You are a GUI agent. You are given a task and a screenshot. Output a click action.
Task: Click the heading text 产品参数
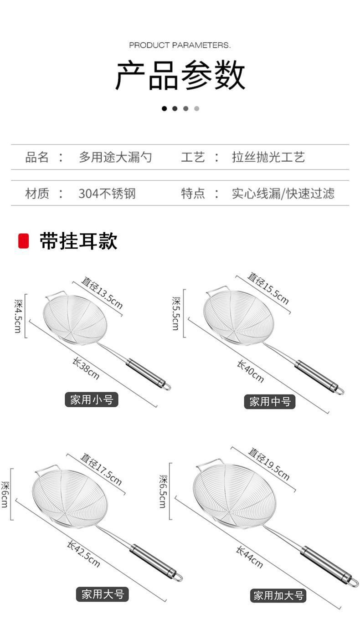pyautogui.click(x=180, y=75)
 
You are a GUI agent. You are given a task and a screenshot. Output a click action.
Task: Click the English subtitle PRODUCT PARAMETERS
pyautogui.click(x=180, y=45)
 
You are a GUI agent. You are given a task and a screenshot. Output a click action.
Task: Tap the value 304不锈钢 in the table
pyautogui.click(x=107, y=194)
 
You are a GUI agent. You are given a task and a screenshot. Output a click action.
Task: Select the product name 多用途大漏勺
pyautogui.click(x=115, y=158)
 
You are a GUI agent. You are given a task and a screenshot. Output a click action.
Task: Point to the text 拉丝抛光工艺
pyautogui.click(x=268, y=158)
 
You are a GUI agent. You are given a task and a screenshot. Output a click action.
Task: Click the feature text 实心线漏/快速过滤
pyautogui.click(x=283, y=194)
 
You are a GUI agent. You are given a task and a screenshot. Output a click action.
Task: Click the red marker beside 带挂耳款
pyautogui.click(x=23, y=241)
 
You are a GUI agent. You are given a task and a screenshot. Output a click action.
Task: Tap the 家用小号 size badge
pyautogui.click(x=91, y=400)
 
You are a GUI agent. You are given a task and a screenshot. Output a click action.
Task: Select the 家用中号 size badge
pyautogui.click(x=270, y=401)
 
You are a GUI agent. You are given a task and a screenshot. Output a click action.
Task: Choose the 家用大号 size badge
pyautogui.click(x=102, y=594)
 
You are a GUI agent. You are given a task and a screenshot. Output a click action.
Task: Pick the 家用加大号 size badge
pyautogui.click(x=278, y=595)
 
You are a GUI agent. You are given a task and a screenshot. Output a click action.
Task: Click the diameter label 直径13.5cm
pyautogui.click(x=102, y=292)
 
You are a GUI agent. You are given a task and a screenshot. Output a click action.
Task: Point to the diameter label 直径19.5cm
pyautogui.click(x=269, y=464)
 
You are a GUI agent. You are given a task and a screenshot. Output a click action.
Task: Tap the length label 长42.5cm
pyautogui.click(x=83, y=553)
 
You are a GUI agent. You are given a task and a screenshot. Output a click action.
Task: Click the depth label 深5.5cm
pyautogui.click(x=175, y=313)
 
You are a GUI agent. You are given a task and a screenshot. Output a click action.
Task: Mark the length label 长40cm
pyautogui.click(x=250, y=371)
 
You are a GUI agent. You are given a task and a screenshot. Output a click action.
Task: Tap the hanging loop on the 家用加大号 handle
pyautogui.click(x=353, y=582)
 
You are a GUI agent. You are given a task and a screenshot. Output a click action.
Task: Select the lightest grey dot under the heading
pyautogui.click(x=196, y=108)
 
